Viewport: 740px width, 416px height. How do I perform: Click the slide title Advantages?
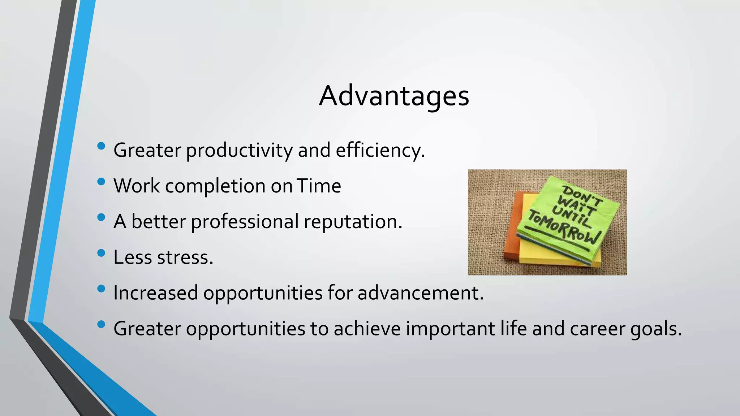point(394,96)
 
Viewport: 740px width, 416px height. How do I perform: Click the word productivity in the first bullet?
point(239,151)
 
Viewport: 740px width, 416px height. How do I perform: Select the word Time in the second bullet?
point(319,186)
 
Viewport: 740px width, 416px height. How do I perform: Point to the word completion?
point(215,186)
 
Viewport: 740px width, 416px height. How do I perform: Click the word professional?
point(245,222)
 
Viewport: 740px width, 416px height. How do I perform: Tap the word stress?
point(185,257)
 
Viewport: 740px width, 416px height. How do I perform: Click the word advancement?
point(420,293)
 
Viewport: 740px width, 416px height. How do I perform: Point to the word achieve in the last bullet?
point(367,329)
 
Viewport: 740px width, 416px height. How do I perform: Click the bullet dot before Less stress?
point(101,253)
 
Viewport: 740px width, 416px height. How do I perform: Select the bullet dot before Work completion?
point(101,181)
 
